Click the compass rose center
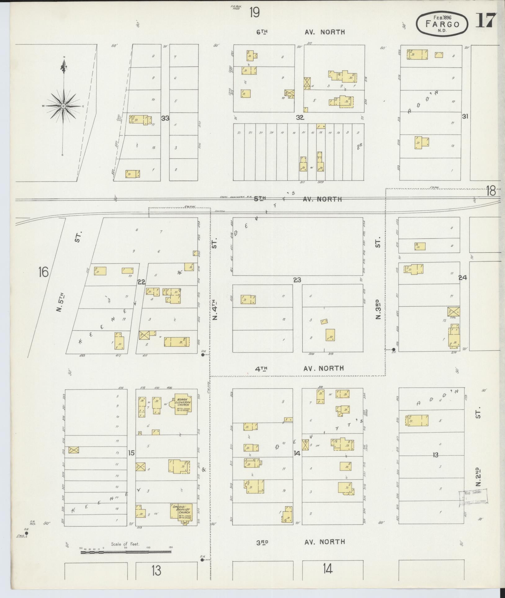pyautogui.click(x=63, y=106)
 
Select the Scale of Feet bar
pyautogui.click(x=126, y=553)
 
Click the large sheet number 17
pyautogui.click(x=486, y=21)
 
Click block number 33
pyautogui.click(x=165, y=118)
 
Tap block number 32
pyautogui.click(x=300, y=118)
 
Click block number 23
pyautogui.click(x=297, y=280)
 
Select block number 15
pyautogui.click(x=131, y=453)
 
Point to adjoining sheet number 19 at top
pyautogui.click(x=254, y=13)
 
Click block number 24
pyautogui.click(x=463, y=278)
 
